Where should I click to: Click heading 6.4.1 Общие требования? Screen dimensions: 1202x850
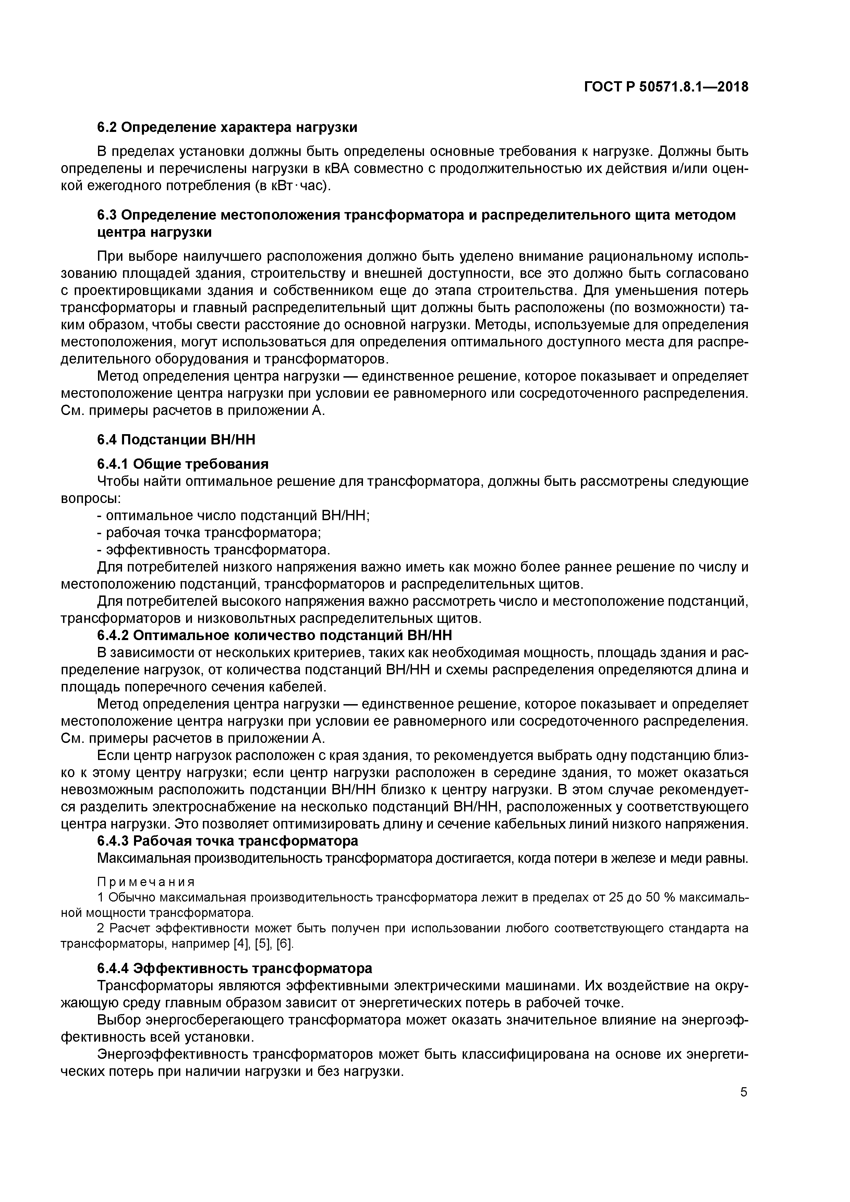[183, 464]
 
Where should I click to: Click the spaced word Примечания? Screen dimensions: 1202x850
[146, 882]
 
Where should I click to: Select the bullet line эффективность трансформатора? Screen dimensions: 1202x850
[214, 550]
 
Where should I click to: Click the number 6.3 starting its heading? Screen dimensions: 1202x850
[107, 215]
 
